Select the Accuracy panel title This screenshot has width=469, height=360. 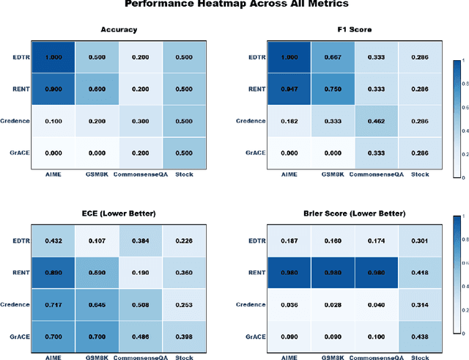point(120,31)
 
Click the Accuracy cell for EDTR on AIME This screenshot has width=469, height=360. point(53,57)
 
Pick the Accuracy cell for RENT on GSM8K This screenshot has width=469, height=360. point(98,89)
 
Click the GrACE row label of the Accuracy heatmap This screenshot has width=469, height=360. point(20,152)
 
